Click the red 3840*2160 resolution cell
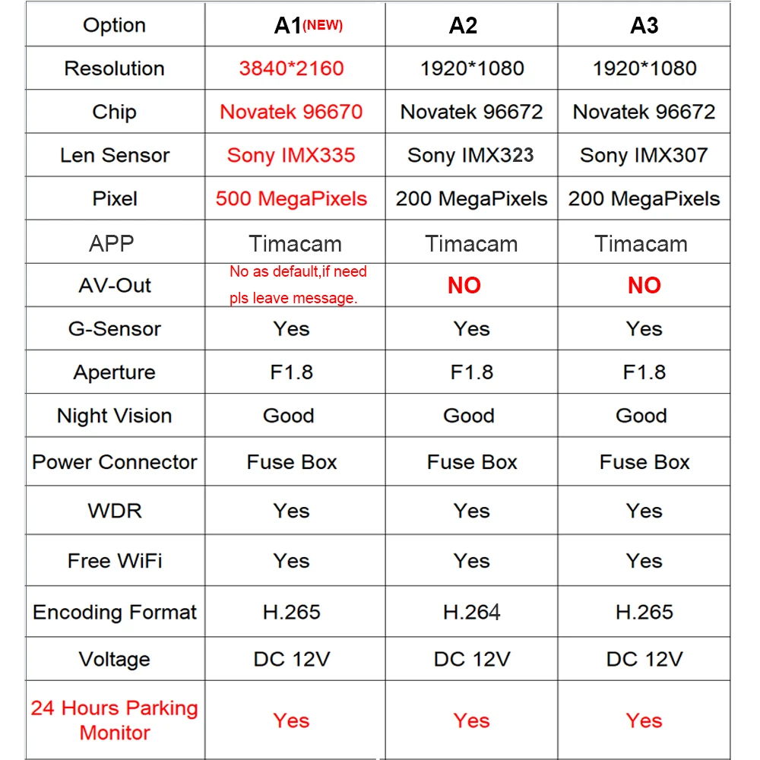291,68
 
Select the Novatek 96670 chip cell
291,112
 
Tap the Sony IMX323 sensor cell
470,156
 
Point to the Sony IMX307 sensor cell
644,156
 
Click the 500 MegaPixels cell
291,199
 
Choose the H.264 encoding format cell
471,612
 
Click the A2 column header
463,26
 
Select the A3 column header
644,26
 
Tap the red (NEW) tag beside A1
323,26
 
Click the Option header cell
114,26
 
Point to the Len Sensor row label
115,156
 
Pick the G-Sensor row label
114,329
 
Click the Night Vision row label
114,416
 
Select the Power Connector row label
115,462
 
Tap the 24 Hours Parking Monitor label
115,720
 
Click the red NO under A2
464,286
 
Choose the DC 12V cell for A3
644,659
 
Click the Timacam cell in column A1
295,244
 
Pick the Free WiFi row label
115,561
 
